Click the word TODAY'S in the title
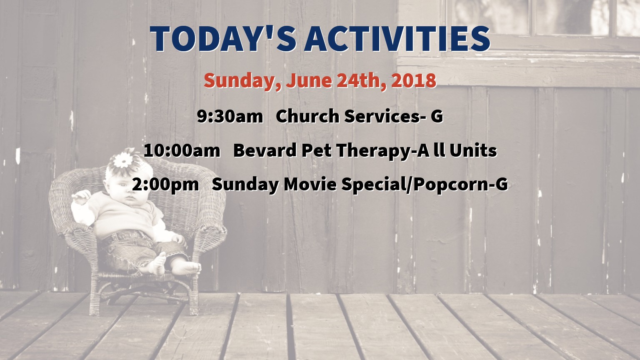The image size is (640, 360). click(x=223, y=39)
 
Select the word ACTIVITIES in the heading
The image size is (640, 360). click(x=397, y=39)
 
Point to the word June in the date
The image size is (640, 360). click(x=309, y=80)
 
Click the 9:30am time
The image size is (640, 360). click(x=230, y=116)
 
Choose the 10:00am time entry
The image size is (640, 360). click(x=182, y=150)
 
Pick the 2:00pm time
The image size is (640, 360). click(x=165, y=184)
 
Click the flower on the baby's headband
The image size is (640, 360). click(x=123, y=160)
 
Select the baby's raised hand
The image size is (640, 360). click(x=81, y=197)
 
